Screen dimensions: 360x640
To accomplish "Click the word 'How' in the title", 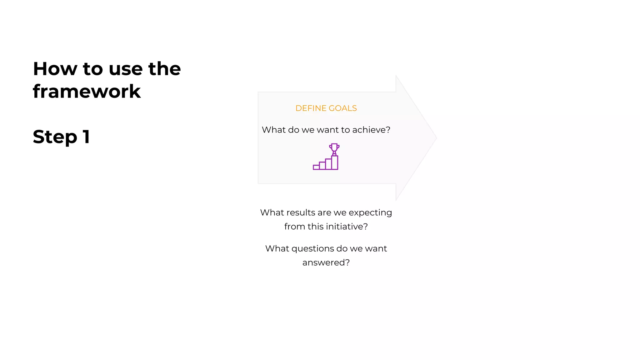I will click(x=55, y=69).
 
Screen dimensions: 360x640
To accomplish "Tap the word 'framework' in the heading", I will click(x=87, y=92).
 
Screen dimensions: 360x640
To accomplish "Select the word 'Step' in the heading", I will click(x=55, y=137).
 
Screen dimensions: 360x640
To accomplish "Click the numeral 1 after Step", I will click(x=86, y=137).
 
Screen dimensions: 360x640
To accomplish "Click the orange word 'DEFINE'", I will click(x=311, y=108).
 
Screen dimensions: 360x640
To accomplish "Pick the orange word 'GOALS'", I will click(x=343, y=108).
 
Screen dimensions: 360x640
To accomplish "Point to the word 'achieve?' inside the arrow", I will click(x=371, y=130).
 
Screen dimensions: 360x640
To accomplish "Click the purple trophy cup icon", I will click(x=334, y=148).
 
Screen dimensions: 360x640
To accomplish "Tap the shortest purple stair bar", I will click(x=316, y=167).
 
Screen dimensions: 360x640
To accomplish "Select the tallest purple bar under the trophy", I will click(x=335, y=162).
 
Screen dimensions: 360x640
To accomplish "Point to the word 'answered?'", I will click(x=326, y=262).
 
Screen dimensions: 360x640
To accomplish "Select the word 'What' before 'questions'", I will click(x=277, y=248).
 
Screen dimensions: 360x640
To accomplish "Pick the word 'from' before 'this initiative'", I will click(x=294, y=226).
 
